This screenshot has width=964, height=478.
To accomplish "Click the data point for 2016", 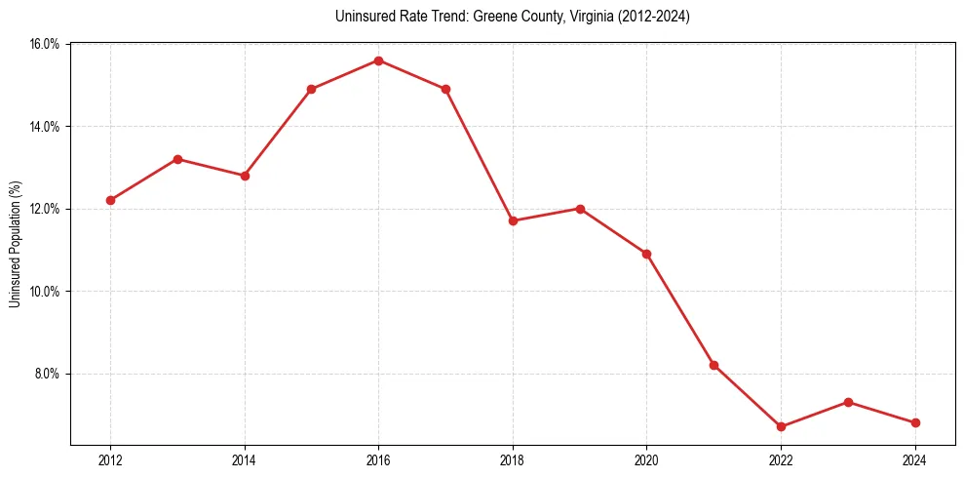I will (378, 60).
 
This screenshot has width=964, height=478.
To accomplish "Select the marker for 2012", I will (110, 200).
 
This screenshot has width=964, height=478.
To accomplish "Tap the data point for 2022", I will (781, 426).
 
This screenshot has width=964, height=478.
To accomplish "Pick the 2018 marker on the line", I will (513, 220).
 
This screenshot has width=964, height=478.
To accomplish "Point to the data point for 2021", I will (713, 365).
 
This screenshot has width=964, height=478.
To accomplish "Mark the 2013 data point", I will (177, 159).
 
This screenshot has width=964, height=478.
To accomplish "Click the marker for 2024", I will (915, 422).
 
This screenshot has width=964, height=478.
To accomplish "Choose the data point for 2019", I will (580, 209).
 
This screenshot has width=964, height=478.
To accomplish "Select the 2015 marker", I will (311, 89).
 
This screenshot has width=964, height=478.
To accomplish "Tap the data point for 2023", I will (848, 402).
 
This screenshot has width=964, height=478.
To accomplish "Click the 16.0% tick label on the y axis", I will (45, 45).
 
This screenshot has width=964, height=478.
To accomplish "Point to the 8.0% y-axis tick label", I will (47, 374).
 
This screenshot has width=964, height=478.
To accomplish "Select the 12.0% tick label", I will (45, 209).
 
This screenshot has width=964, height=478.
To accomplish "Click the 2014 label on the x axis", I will (245, 460).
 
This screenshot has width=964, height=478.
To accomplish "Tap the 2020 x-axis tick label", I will (647, 460).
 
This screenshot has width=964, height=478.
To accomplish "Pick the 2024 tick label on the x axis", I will (915, 460).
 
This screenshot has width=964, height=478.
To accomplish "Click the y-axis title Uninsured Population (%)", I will (15, 243).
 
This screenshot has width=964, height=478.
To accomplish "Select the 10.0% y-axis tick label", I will (45, 292).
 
